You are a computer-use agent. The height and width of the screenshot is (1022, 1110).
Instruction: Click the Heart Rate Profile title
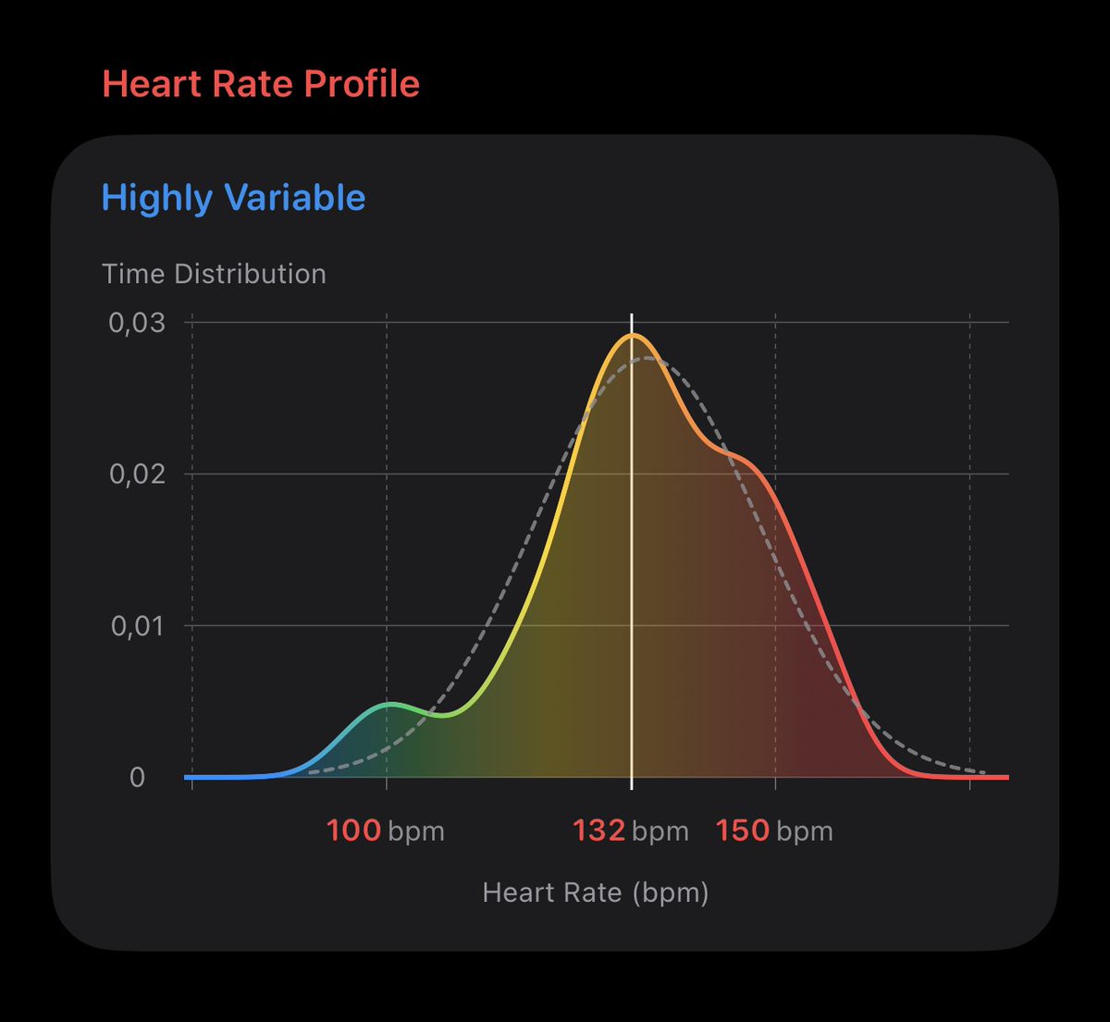[x=261, y=84]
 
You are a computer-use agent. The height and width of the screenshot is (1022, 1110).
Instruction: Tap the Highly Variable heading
[x=233, y=198]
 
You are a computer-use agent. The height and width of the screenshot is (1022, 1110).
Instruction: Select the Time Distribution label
[x=214, y=274]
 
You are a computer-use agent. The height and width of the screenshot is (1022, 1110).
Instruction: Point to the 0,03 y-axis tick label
[x=137, y=323]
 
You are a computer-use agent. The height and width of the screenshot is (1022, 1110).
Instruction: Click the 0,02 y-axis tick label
[x=137, y=474]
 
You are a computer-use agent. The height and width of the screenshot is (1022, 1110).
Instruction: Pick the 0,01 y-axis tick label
[x=137, y=626]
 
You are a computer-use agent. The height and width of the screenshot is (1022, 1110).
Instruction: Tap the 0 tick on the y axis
[x=137, y=778]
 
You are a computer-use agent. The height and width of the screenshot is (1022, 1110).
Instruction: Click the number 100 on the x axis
[x=353, y=831]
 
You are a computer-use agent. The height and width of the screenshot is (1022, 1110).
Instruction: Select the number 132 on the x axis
[x=599, y=831]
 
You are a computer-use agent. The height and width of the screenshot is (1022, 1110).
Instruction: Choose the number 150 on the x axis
[x=743, y=831]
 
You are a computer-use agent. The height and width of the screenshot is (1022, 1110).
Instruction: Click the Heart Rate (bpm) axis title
[x=596, y=893]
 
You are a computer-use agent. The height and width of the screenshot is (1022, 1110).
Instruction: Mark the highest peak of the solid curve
[x=633, y=336]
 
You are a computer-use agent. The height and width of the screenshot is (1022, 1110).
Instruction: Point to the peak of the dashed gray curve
[x=647, y=358]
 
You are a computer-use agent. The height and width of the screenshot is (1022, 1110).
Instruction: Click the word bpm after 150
[x=805, y=831]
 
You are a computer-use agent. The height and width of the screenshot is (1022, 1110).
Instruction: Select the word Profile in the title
[x=362, y=84]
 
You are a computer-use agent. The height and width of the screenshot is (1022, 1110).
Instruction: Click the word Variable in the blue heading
[x=294, y=198]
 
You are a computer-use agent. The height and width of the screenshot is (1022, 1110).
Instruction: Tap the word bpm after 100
[x=416, y=831]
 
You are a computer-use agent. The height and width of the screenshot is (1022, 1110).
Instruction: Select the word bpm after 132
[x=660, y=831]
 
